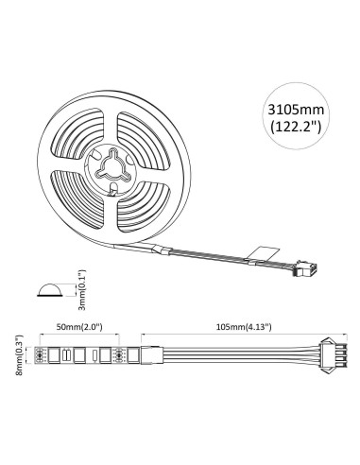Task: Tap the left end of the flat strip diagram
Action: coord(42,355)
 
